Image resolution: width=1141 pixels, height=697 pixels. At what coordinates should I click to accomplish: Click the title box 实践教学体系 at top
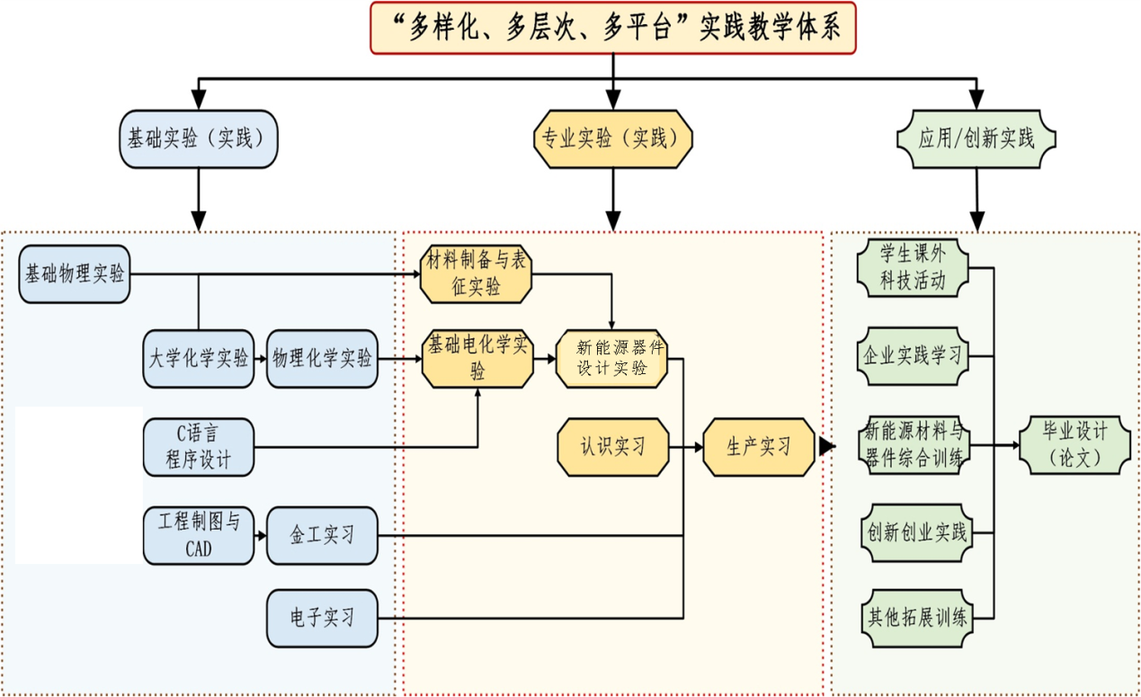click(x=612, y=28)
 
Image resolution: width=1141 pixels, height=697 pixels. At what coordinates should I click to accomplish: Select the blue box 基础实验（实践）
click(x=199, y=139)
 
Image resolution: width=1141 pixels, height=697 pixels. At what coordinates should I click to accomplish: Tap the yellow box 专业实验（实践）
click(x=613, y=139)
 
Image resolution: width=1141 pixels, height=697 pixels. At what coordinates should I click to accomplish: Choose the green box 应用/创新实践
click(x=976, y=139)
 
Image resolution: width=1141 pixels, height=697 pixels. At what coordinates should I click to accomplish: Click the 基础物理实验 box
click(x=75, y=274)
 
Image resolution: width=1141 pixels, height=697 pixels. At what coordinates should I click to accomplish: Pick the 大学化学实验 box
click(x=198, y=359)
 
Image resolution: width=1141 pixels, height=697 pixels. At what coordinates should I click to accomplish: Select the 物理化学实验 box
click(x=322, y=359)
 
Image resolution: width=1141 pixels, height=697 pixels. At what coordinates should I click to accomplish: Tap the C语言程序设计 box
click(x=198, y=446)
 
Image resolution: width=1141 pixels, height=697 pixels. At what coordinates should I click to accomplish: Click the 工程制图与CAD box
click(x=198, y=535)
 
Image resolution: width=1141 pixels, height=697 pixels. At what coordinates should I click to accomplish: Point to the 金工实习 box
click(x=322, y=535)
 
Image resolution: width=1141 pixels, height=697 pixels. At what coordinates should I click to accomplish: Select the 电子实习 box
click(x=322, y=618)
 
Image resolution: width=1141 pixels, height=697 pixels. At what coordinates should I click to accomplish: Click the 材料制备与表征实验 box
click(x=477, y=274)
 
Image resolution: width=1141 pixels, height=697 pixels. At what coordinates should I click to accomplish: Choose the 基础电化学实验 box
click(x=477, y=359)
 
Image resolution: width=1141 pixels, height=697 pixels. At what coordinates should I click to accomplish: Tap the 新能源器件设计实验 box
click(x=612, y=359)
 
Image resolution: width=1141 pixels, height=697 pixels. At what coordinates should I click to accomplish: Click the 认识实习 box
click(x=612, y=446)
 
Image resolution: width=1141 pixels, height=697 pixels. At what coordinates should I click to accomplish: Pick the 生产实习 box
click(x=759, y=446)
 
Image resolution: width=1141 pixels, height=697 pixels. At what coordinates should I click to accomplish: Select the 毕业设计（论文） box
click(x=1074, y=444)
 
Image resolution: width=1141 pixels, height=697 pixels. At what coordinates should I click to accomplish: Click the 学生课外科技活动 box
click(x=913, y=268)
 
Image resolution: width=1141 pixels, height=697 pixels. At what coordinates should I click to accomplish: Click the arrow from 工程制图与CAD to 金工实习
click(x=261, y=535)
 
